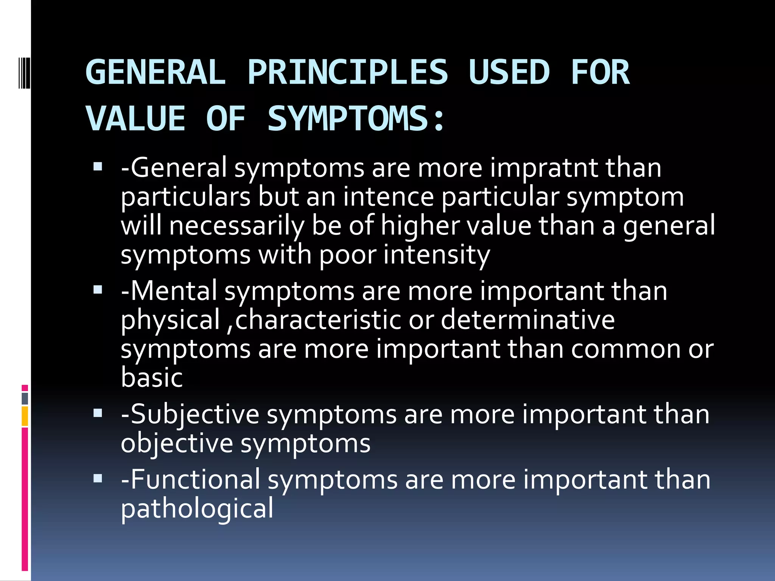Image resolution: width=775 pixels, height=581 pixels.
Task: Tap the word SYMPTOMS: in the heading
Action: point(356,119)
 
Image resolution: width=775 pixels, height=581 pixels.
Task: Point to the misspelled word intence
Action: point(388,197)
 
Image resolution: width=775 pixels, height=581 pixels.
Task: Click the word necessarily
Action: point(237,225)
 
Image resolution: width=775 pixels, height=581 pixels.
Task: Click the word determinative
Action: point(528,320)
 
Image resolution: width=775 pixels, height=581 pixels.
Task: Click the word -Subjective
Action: point(190,414)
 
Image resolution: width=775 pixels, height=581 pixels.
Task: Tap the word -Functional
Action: point(190,480)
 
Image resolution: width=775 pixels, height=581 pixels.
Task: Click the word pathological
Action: point(197,509)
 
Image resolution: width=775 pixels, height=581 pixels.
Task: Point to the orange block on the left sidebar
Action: point(25,416)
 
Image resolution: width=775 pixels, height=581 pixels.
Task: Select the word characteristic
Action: point(317,320)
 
